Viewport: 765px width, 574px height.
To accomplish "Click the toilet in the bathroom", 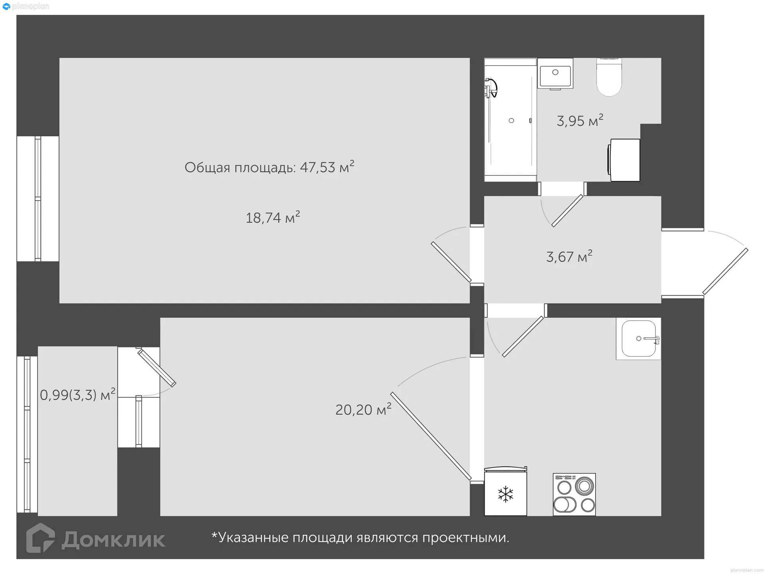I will coord(609,77).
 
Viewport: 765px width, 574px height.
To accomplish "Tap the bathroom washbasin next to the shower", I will coord(555,73).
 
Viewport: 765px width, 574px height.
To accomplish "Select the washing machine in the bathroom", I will coord(624,160).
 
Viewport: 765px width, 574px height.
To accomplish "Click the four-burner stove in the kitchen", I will coord(574,494).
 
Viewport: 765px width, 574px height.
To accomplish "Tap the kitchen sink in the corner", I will coord(638,338).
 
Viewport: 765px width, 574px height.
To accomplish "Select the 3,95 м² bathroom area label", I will coord(580,120).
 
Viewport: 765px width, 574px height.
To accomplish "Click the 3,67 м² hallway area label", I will coord(569,257).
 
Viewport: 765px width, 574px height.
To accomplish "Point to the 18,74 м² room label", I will coord(273,218).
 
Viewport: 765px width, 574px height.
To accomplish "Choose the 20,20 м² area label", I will coord(363,409).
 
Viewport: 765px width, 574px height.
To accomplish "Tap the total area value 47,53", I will coord(318,167).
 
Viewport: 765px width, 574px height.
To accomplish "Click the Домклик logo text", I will coord(113,540).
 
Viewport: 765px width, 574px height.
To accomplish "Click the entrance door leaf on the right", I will coord(725,271).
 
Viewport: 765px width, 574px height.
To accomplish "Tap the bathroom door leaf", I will coord(567,211).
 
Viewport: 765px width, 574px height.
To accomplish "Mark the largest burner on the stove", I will coord(585,486).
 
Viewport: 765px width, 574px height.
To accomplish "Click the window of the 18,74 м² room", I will coord(38,199).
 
